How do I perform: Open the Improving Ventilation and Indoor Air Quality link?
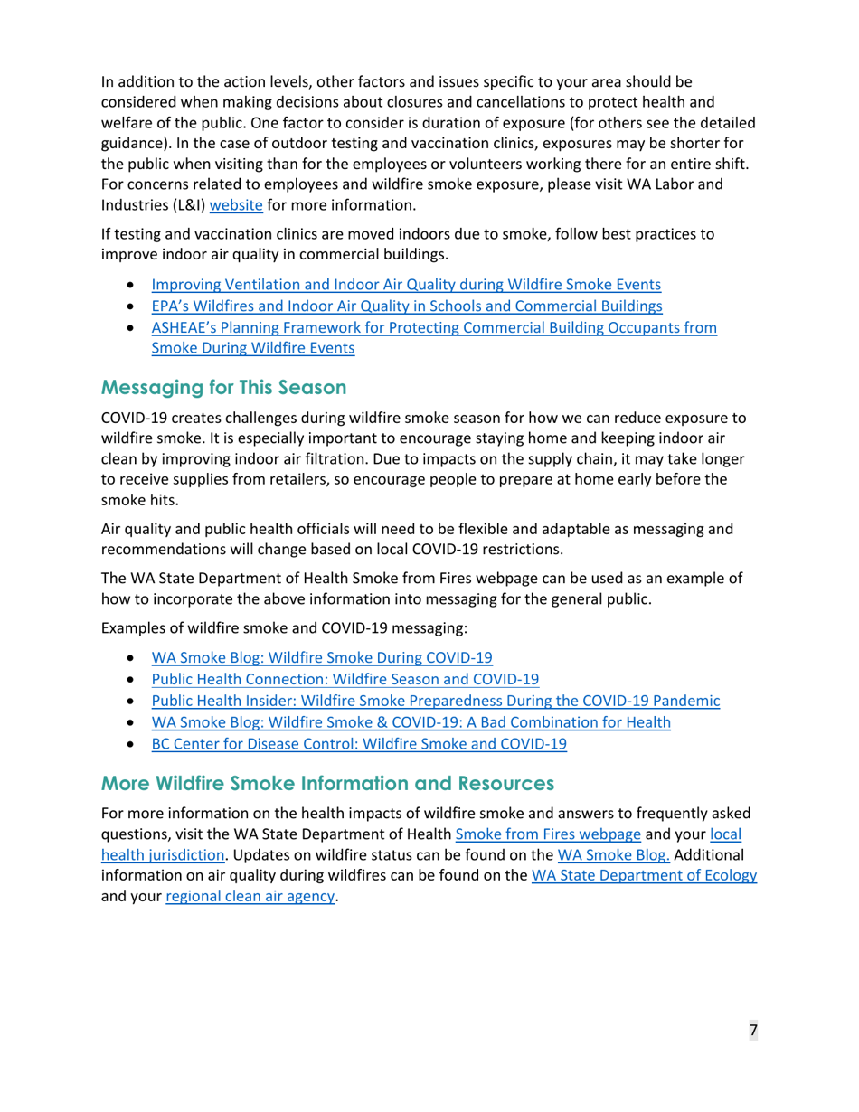point(405,285)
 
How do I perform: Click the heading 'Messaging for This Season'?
point(223,389)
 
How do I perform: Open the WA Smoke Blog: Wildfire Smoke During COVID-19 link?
point(321,658)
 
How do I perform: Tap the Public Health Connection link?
point(345,680)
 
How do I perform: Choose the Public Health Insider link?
point(436,702)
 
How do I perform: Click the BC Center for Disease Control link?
point(359,745)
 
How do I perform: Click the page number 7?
point(751,1031)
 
